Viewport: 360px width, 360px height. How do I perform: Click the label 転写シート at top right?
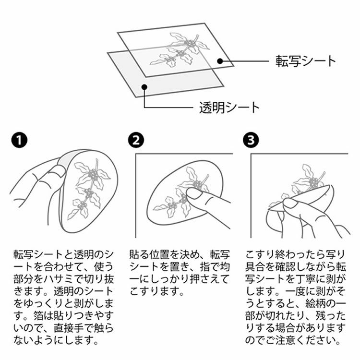pyautogui.click(x=306, y=61)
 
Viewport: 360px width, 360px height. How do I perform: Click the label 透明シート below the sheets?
pyautogui.click(x=229, y=108)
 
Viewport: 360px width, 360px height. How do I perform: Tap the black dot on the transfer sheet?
pyautogui.click(x=220, y=61)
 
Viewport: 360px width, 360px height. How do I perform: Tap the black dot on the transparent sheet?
pyautogui.click(x=144, y=87)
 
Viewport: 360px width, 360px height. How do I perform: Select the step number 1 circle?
pyautogui.click(x=19, y=140)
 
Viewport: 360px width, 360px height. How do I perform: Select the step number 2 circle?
pyautogui.click(x=136, y=140)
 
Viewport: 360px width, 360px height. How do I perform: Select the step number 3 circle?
pyautogui.click(x=251, y=140)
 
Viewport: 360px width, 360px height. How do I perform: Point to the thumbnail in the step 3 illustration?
pyautogui.click(x=290, y=203)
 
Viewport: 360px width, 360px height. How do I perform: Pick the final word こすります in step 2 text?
pyautogui.click(x=154, y=291)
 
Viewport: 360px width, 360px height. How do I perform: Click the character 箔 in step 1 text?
pyautogui.click(x=39, y=316)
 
